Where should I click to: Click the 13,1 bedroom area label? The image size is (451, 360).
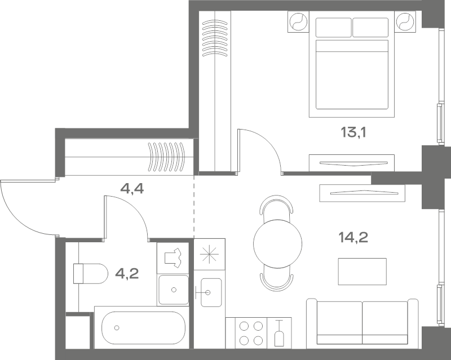coord(353,132)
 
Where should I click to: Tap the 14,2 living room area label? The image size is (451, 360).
coord(353,237)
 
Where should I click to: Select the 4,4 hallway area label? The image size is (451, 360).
coord(132,189)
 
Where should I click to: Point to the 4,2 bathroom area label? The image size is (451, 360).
coord(127,273)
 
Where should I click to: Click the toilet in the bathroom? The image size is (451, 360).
coord(90,273)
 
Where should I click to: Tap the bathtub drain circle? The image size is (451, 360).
coord(117,327)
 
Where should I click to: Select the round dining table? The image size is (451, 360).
coord(277,244)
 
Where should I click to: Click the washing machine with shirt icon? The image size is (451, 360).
coord(173,257)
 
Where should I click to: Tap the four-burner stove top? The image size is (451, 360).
coord(251,333)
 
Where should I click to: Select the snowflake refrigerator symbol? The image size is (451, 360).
coord(209,254)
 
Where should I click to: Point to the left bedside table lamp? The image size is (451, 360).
coord(298,21)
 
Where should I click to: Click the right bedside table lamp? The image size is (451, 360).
coord(405,21)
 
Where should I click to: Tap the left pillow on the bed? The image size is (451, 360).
coord(333,27)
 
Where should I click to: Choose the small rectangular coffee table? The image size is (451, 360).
coord(362,272)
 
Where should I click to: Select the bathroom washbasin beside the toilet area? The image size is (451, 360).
coord(174,290)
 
